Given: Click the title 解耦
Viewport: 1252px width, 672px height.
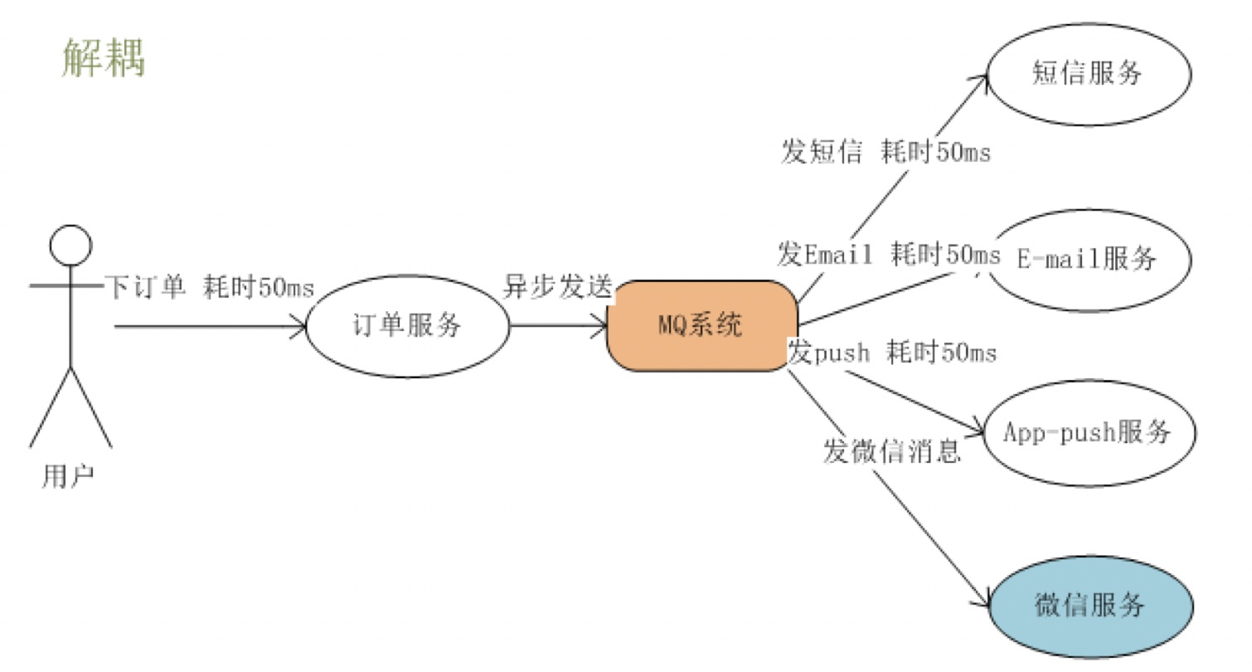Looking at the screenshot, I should pos(104,59).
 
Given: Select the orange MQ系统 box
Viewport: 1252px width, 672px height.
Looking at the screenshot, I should pos(701,325).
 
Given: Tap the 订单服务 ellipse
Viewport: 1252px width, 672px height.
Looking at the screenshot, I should pos(408,326).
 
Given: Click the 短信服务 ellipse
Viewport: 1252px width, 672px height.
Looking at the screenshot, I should pos(1088,74).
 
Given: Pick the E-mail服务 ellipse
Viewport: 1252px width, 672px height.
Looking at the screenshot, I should pos(1089,260).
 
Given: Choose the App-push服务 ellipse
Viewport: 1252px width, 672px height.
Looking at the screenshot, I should pos(1089,433).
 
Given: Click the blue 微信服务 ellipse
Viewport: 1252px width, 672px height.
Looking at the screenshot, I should pos(1090,606).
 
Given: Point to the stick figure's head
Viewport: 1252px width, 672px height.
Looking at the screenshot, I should pos(70,246).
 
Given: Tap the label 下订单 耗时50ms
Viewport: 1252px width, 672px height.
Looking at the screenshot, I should pos(209,287).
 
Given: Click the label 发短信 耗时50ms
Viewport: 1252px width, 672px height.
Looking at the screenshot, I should pos(885,153).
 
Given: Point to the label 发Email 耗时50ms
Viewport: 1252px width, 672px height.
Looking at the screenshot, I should pos(888,255).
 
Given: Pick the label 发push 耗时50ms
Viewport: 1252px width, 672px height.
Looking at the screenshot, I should pos(892,353).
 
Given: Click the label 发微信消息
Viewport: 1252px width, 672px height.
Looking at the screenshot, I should pos(891,451).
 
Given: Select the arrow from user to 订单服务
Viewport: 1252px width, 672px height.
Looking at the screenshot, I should pos(207,326).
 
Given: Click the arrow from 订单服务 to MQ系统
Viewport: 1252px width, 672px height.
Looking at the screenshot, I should pos(558,325).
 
